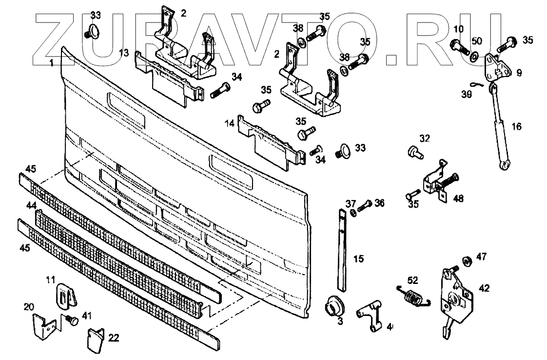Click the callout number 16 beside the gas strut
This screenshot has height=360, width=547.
[517, 127]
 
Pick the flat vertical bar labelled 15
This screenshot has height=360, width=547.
[342, 249]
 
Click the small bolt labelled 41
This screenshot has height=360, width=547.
[71, 320]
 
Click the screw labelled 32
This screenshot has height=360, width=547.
[414, 152]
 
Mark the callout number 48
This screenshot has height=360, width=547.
[458, 199]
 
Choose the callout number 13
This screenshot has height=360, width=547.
[124, 52]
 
